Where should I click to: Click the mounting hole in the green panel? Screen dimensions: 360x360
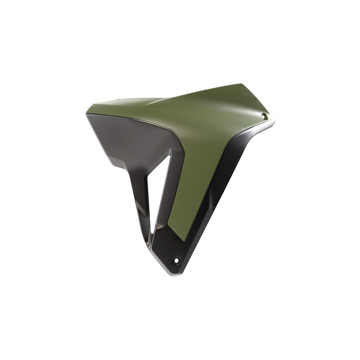click(264, 116)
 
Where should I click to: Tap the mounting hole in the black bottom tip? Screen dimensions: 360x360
click(177, 261)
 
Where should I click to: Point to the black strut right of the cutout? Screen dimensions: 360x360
click(167, 198)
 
